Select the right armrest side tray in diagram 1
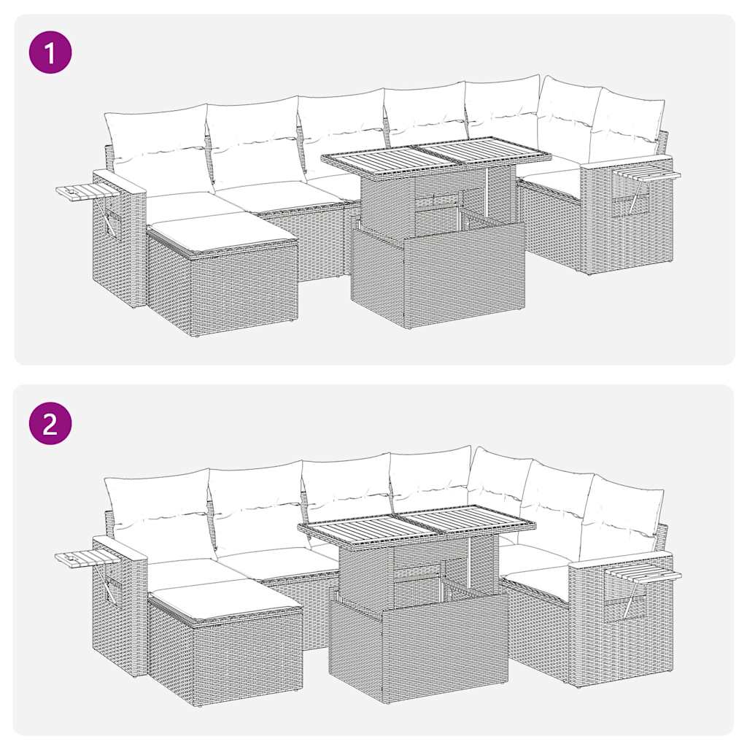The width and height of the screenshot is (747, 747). point(648,174)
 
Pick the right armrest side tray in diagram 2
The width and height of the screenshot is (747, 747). point(644,576)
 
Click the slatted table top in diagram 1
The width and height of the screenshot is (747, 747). point(436,157)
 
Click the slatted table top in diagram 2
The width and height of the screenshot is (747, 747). point(416,524)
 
